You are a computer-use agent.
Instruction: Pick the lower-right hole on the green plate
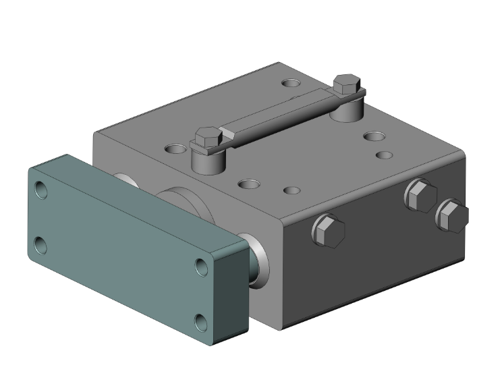pyautogui.click(x=201, y=320)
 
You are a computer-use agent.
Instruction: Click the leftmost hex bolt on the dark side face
pyautogui.click(x=328, y=231)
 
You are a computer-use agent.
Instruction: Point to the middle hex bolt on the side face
pyautogui.click(x=420, y=195)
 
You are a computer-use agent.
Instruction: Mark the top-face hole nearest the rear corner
pyautogui.click(x=292, y=84)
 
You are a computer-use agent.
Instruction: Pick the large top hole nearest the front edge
pyautogui.click(x=249, y=183)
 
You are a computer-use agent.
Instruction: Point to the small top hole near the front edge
pyautogui.click(x=291, y=192)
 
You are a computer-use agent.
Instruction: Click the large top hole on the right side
pyautogui.click(x=373, y=136)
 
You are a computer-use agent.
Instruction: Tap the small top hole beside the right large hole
pyautogui.click(x=384, y=155)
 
